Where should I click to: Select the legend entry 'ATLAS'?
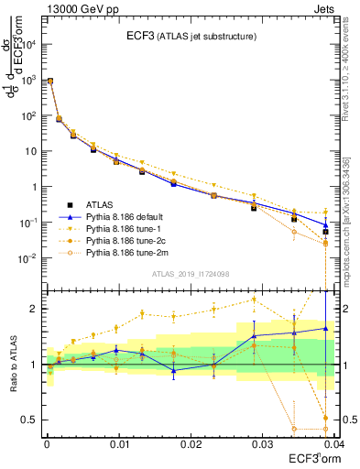pos(100,203)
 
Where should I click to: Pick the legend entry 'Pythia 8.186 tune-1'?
pos(125,227)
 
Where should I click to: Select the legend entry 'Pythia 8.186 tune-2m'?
pos(127,251)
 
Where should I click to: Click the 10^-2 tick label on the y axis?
pos(27,258)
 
